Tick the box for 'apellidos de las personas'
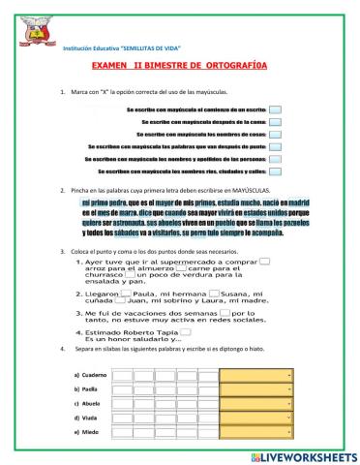click(276, 157)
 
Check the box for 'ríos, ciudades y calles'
click(276, 169)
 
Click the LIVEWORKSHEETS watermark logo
click(295, 455)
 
